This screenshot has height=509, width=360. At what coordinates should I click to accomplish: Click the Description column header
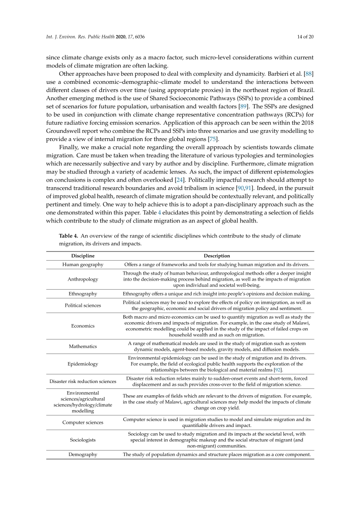pyautogui.click(x=217, y=256)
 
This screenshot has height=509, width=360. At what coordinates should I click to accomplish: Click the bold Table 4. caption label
pyautogui.click(x=70, y=236)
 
